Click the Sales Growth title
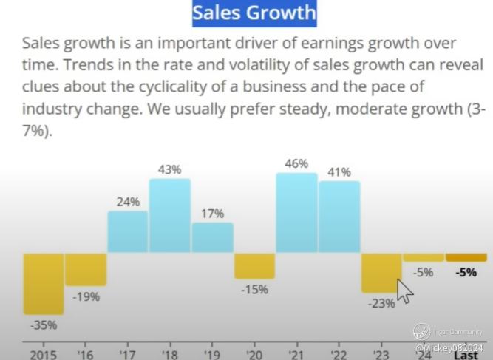[254, 13]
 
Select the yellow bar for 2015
[44, 283]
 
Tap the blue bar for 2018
[170, 215]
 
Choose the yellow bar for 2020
[254, 265]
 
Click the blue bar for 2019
[212, 237]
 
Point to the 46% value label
[296, 163]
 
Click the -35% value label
[44, 325]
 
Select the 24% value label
[128, 201]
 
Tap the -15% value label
[254, 289]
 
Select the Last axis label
[466, 355]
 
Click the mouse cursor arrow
[404, 291]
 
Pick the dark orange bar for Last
[466, 257]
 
